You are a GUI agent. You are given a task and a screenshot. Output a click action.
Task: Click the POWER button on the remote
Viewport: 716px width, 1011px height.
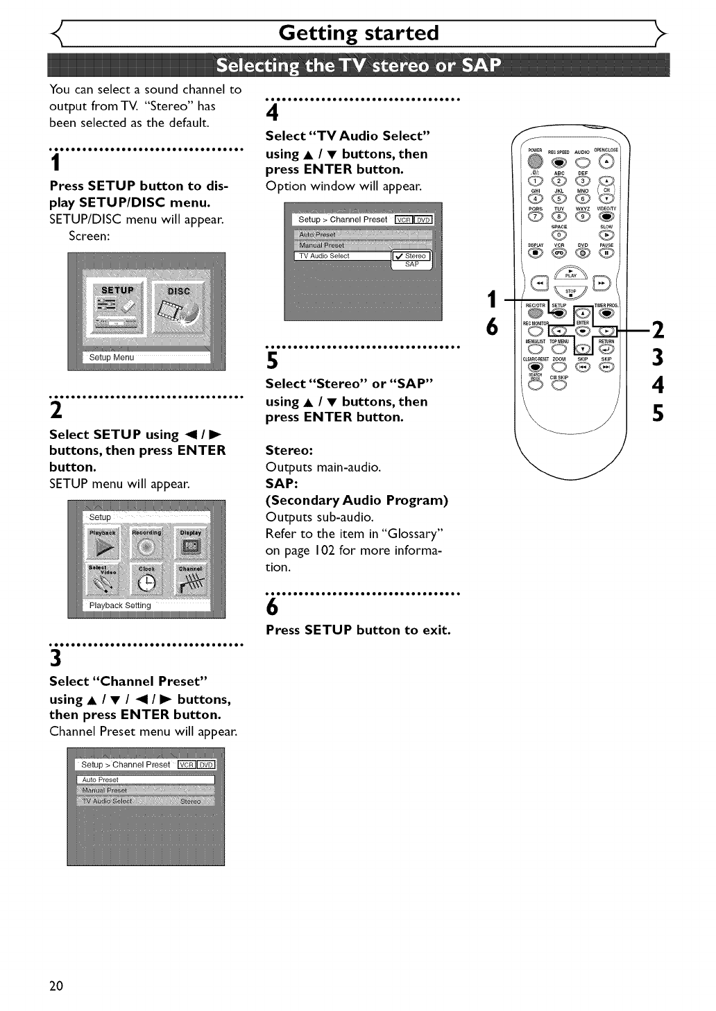(x=534, y=162)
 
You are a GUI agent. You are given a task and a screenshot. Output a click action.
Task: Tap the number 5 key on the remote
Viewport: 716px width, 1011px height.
(x=559, y=199)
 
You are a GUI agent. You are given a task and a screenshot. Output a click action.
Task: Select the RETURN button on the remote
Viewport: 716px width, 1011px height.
(x=606, y=348)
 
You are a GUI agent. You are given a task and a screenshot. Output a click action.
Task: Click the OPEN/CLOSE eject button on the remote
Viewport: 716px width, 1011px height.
(x=607, y=161)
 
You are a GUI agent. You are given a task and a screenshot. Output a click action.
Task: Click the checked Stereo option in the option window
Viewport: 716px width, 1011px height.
(x=412, y=256)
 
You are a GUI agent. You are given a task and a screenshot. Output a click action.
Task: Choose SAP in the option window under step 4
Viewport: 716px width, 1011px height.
(x=412, y=264)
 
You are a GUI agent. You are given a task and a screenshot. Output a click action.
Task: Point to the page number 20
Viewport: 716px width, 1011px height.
(x=56, y=985)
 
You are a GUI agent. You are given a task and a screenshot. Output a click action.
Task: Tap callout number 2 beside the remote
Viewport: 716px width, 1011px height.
(x=658, y=330)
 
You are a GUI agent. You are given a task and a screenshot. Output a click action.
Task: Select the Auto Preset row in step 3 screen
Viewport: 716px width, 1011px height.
(x=145, y=779)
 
